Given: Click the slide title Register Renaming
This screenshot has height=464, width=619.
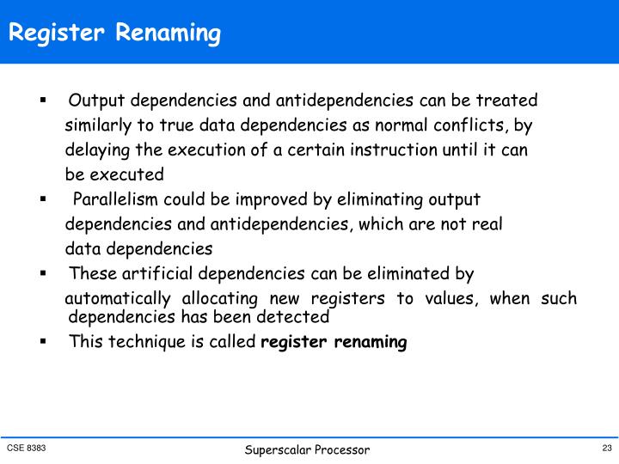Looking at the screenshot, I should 115,34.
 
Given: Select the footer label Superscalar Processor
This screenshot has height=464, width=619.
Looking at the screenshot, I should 307,450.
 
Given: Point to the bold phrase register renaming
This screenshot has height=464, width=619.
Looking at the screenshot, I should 334,342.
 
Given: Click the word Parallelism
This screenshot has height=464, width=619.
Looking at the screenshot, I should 116,200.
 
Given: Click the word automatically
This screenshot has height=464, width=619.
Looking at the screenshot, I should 118,299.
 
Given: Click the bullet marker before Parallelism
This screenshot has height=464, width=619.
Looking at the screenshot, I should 42,199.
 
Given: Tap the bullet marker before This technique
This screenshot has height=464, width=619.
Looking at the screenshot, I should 42,341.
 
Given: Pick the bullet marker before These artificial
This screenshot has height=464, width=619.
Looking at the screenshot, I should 42,274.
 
